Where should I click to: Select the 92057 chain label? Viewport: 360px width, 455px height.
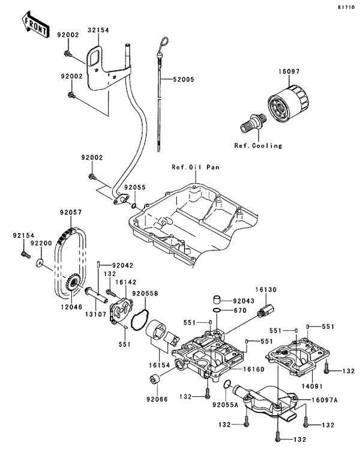coord(70,211)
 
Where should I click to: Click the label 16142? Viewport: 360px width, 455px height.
coord(126,280)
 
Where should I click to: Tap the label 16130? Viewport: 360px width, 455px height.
coord(268,289)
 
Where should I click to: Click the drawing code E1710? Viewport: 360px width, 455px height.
coord(346,7)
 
